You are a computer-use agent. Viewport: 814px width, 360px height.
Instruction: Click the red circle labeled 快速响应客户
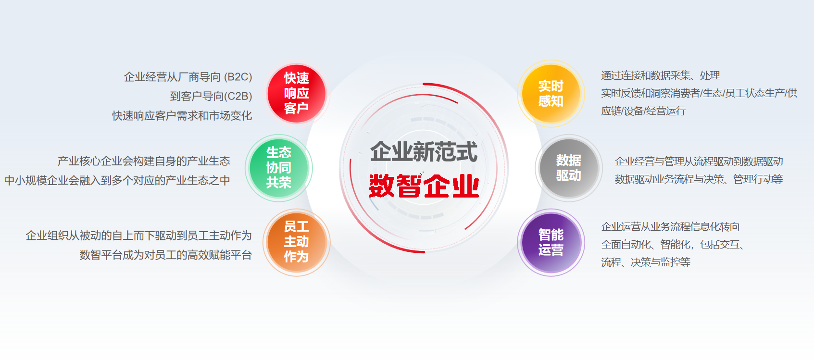(296, 94)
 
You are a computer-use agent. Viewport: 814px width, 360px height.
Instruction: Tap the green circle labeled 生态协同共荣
(279, 168)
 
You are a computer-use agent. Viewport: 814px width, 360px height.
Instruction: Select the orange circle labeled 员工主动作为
(296, 242)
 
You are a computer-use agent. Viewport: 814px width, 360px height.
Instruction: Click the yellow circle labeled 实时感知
(551, 94)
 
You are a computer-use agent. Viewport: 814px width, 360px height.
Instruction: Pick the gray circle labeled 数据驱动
(569, 168)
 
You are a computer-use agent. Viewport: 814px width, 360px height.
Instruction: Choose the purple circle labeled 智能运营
(551, 242)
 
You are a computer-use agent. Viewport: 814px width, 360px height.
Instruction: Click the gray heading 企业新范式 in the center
(424, 152)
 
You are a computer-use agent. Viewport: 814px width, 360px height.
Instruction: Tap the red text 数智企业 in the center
(424, 186)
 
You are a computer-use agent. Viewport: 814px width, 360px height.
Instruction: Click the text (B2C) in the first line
(238, 77)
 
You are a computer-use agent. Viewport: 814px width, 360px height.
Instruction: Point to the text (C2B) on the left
(238, 96)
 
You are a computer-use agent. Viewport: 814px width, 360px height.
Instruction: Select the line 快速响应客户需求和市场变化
(182, 116)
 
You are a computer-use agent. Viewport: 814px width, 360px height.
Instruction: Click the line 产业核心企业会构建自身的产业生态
(143, 161)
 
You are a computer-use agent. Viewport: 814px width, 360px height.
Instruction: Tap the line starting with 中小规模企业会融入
(117, 180)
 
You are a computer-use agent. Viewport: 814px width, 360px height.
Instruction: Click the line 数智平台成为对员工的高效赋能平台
(165, 255)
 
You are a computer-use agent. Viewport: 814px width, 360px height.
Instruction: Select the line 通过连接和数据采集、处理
(660, 75)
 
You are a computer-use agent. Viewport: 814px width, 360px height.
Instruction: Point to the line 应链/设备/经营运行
(643, 111)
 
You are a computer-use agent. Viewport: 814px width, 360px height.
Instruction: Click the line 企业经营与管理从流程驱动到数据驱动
(699, 161)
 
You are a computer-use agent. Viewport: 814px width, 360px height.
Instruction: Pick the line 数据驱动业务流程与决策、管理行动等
(699, 179)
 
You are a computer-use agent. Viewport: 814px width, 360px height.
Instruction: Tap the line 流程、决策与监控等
(645, 262)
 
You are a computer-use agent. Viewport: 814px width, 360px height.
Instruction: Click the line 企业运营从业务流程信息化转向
(670, 227)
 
